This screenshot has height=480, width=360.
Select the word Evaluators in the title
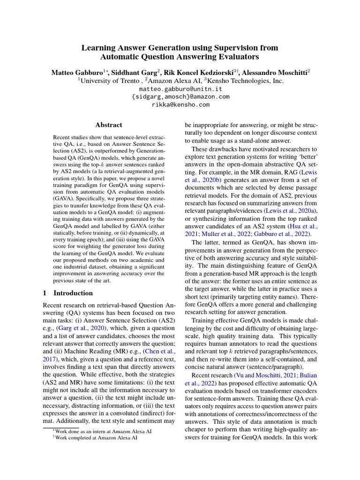(238, 57)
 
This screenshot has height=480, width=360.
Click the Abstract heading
(109, 125)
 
